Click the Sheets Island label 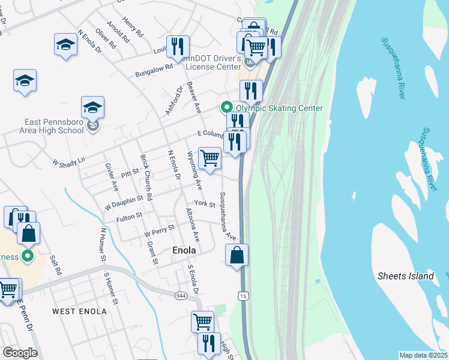click(405, 276)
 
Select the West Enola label click(79, 311)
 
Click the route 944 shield click(181, 296)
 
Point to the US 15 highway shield click(242, 296)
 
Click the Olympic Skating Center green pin click(227, 107)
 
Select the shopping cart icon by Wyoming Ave click(209, 158)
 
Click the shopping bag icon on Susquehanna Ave click(237, 254)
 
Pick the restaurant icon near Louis click(178, 46)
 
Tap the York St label click(204, 205)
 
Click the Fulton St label click(129, 215)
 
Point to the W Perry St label click(159, 229)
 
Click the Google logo click(20, 353)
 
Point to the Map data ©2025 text click(423, 355)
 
